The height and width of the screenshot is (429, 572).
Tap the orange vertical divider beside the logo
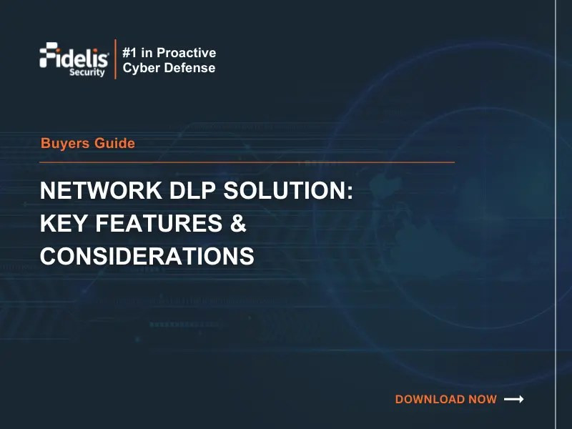115,59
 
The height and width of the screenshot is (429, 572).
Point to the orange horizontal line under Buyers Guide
247,162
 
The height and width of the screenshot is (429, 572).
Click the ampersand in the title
238,225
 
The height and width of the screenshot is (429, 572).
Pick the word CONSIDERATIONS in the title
147,256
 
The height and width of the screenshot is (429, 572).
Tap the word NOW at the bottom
483,400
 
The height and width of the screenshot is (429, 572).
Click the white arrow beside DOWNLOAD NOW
514,399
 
